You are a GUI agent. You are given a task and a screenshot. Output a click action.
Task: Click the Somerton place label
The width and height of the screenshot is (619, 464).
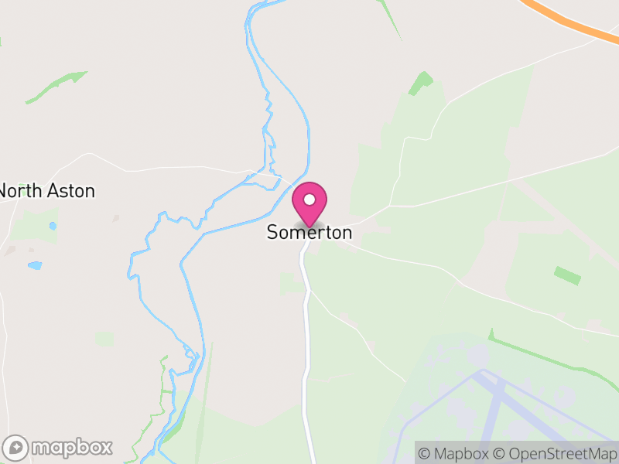pos(309,232)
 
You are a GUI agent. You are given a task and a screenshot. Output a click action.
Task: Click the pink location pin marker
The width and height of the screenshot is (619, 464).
pos(309,203)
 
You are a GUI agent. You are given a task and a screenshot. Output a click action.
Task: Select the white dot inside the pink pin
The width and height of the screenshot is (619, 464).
pos(309,200)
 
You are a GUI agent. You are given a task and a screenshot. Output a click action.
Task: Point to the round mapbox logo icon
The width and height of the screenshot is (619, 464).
pos(16,448)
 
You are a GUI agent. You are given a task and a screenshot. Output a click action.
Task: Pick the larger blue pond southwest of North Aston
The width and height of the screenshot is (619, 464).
pos(35,265)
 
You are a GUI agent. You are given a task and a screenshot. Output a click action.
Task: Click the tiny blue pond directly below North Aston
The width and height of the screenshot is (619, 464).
pos(53,226)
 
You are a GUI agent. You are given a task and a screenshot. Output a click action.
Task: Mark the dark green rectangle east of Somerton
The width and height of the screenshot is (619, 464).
pos(567,275)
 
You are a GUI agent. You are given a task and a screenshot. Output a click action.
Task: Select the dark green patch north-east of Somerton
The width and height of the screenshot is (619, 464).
pos(421,83)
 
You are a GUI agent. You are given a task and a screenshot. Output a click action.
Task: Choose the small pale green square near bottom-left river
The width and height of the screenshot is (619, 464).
pos(104,339)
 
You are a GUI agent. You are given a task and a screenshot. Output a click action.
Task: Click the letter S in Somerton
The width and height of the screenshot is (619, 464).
pos(273,232)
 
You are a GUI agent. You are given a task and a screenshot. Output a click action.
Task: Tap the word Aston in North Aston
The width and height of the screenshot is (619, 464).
pos(71,191)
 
